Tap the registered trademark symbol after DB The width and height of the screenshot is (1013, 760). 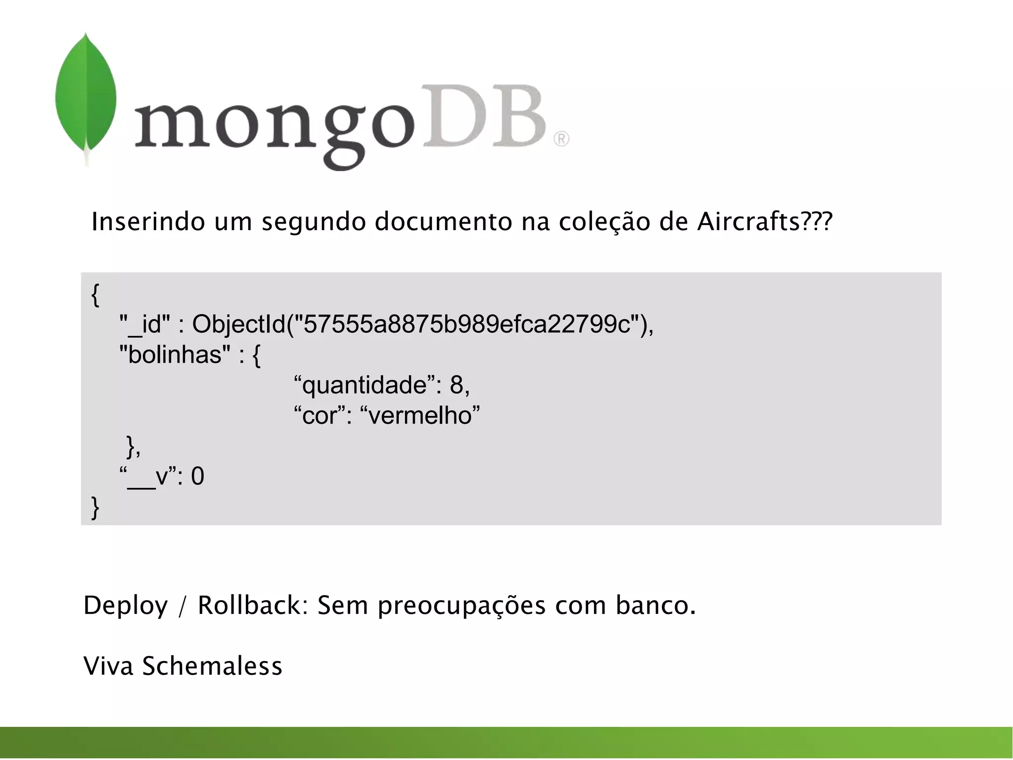pos(561,139)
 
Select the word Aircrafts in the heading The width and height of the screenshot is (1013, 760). pos(748,222)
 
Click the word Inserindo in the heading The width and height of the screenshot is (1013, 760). pos(148,222)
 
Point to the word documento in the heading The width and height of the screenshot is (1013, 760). pos(443,222)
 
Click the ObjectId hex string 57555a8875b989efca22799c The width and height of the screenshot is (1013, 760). pos(467,325)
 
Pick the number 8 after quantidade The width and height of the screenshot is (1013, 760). pos(456,385)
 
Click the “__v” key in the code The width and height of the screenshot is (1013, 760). pos(149,476)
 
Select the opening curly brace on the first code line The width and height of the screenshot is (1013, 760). pos(95,295)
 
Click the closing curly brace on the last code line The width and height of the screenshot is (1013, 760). pos(95,508)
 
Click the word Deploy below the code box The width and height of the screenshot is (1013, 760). pos(126,606)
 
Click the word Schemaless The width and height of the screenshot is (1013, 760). pos(212,666)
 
